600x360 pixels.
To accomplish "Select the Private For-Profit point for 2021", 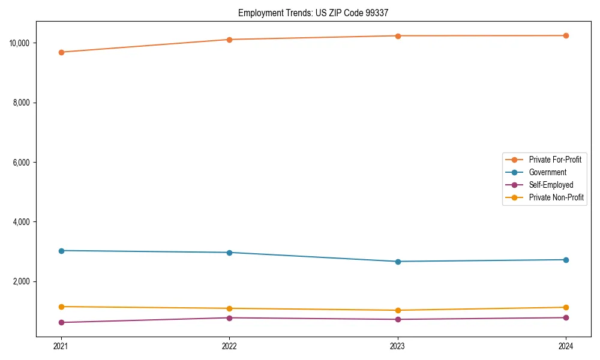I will pyautogui.click(x=61, y=52).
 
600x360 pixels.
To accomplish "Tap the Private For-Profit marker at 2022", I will pyautogui.click(x=229, y=40).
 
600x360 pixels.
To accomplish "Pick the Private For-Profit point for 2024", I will pyautogui.click(x=566, y=35).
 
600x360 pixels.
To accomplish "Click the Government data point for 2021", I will pyautogui.click(x=61, y=250).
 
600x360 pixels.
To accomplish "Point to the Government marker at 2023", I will pyautogui.click(x=398, y=262).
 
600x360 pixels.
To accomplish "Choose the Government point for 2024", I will pyautogui.click(x=566, y=260).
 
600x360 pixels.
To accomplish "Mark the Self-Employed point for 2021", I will pyautogui.click(x=61, y=322).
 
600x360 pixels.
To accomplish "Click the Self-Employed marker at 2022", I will pyautogui.click(x=229, y=317).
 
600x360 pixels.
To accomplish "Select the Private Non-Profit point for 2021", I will pyautogui.click(x=61, y=307).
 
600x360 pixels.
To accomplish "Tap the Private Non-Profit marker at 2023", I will pyautogui.click(x=398, y=310).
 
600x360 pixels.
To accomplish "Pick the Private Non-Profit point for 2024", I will pyautogui.click(x=566, y=307).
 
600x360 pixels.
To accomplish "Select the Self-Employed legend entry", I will pyautogui.click(x=551, y=185).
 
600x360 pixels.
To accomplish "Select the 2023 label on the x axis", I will pyautogui.click(x=398, y=346).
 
